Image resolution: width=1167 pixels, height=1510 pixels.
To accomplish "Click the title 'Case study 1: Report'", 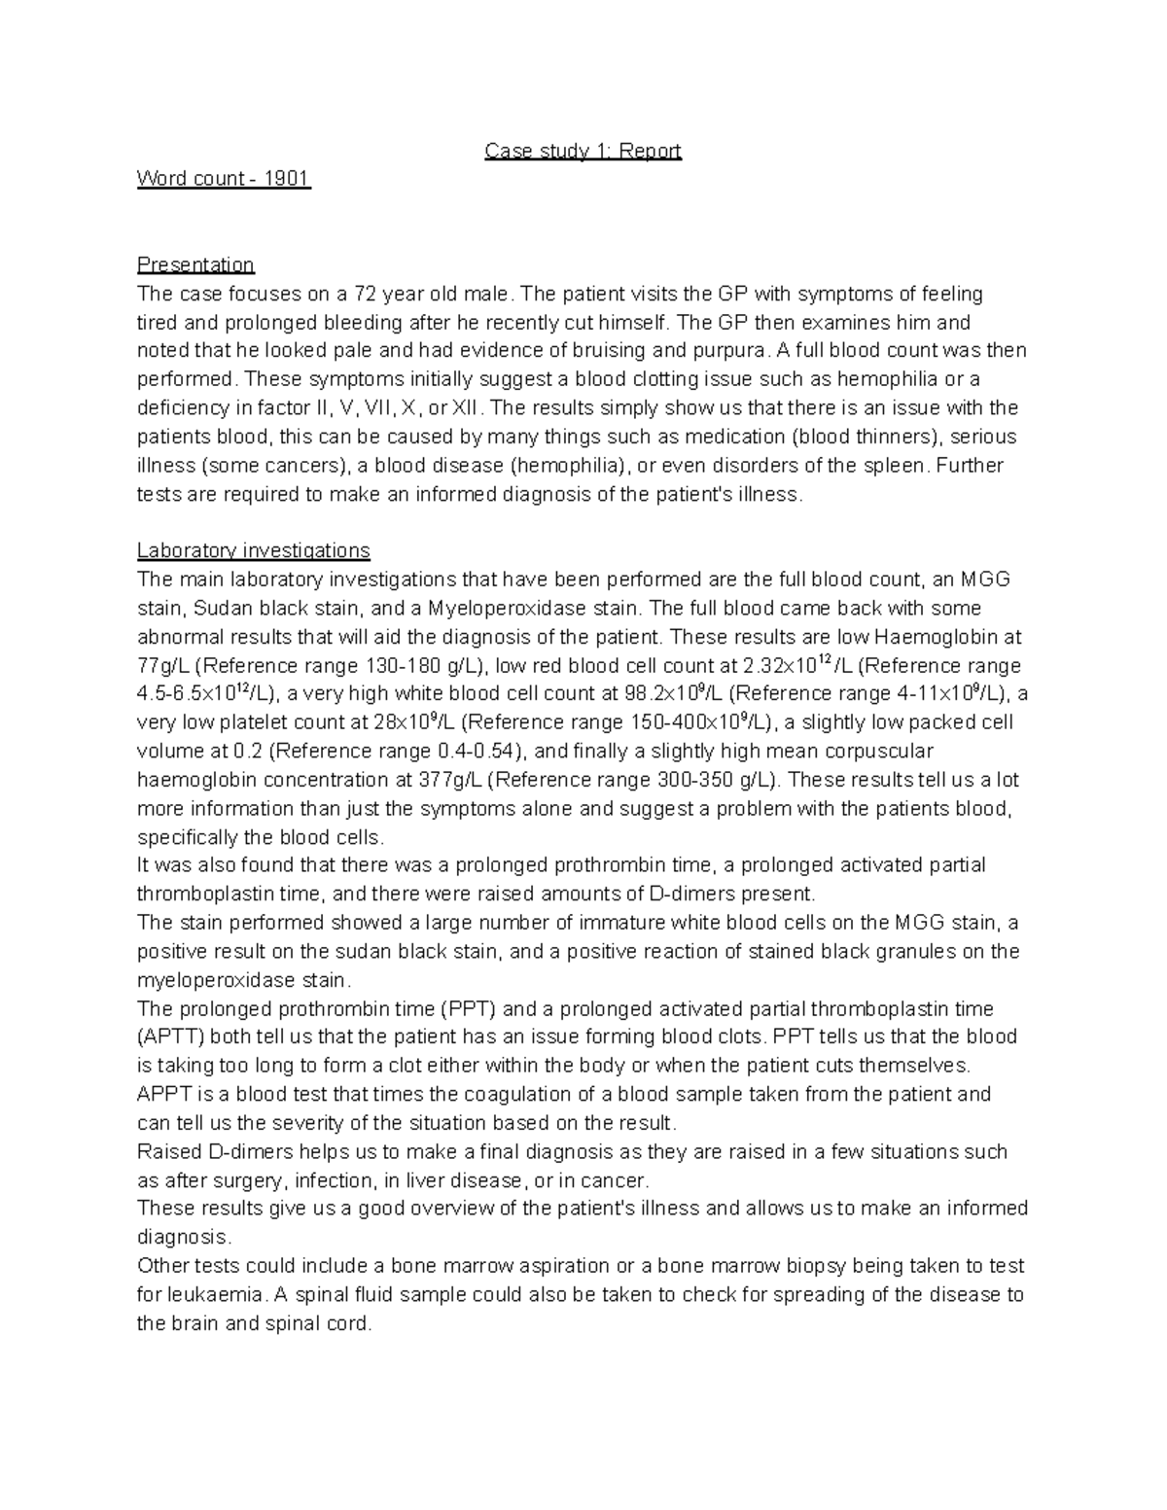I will click(583, 151).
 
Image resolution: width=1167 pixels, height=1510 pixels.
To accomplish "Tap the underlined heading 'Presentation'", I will click(195, 264).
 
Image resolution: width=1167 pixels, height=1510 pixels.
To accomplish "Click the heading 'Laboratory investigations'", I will click(254, 550).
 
